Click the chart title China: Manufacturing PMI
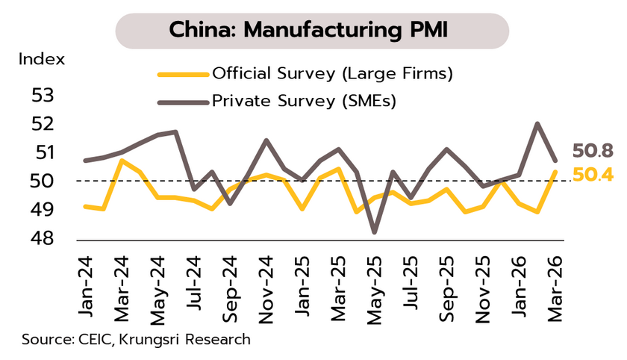coord(312,31)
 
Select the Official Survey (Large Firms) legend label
coord(332,74)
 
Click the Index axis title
coord(42,59)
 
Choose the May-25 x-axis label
coord(375,288)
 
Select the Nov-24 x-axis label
coord(266,288)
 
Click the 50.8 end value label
coord(593,152)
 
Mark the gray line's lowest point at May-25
coord(374,232)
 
